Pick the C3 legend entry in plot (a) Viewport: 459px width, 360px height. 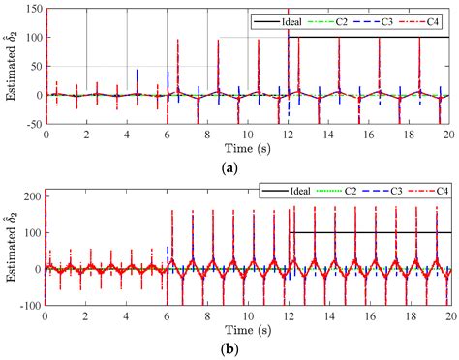tap(387, 19)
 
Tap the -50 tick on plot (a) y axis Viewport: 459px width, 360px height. tap(33, 124)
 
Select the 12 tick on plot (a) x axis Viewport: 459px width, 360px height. tap(289, 135)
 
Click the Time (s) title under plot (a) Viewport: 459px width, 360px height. tap(248, 149)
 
